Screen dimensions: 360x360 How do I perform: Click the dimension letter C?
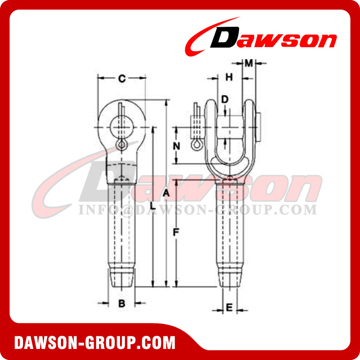[x=121, y=79]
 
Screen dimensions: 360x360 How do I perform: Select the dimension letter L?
[x=152, y=205]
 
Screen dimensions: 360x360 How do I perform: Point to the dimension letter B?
[x=122, y=303]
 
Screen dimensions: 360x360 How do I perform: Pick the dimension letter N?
[x=176, y=145]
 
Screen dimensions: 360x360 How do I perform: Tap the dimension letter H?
[x=229, y=77]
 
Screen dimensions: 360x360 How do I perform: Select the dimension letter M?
[x=249, y=63]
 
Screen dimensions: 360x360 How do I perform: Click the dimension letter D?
[x=224, y=99]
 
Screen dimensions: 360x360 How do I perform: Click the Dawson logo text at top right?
[x=274, y=39]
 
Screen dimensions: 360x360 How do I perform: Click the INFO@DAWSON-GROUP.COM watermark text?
[x=197, y=210]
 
